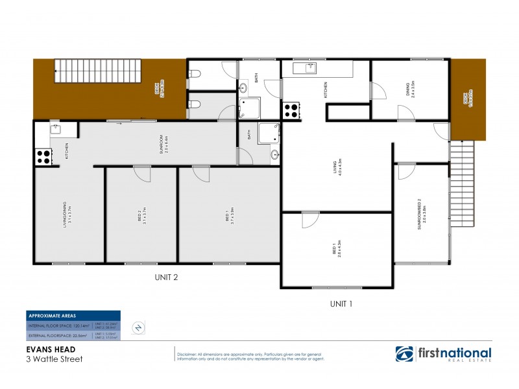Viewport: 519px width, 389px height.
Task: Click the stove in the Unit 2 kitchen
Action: pyautogui.click(x=43, y=156)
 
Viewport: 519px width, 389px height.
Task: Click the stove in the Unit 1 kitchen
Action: pyautogui.click(x=291, y=110)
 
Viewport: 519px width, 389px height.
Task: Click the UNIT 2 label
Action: pyautogui.click(x=166, y=277)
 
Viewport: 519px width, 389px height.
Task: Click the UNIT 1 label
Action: pyautogui.click(x=342, y=303)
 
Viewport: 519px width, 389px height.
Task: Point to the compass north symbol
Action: pyautogui.click(x=138, y=327)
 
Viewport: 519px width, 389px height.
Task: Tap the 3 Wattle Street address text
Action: pyautogui.click(x=54, y=358)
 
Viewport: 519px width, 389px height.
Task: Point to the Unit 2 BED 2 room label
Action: pyautogui.click(x=141, y=215)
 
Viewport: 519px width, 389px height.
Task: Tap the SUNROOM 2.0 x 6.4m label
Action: pyautogui.click(x=167, y=142)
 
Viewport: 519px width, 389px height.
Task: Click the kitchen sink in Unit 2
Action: pyautogui.click(x=54, y=128)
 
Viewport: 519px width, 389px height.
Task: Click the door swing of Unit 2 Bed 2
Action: pyautogui.click(x=141, y=174)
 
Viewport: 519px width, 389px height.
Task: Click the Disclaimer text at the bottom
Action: pyautogui.click(x=250, y=354)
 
